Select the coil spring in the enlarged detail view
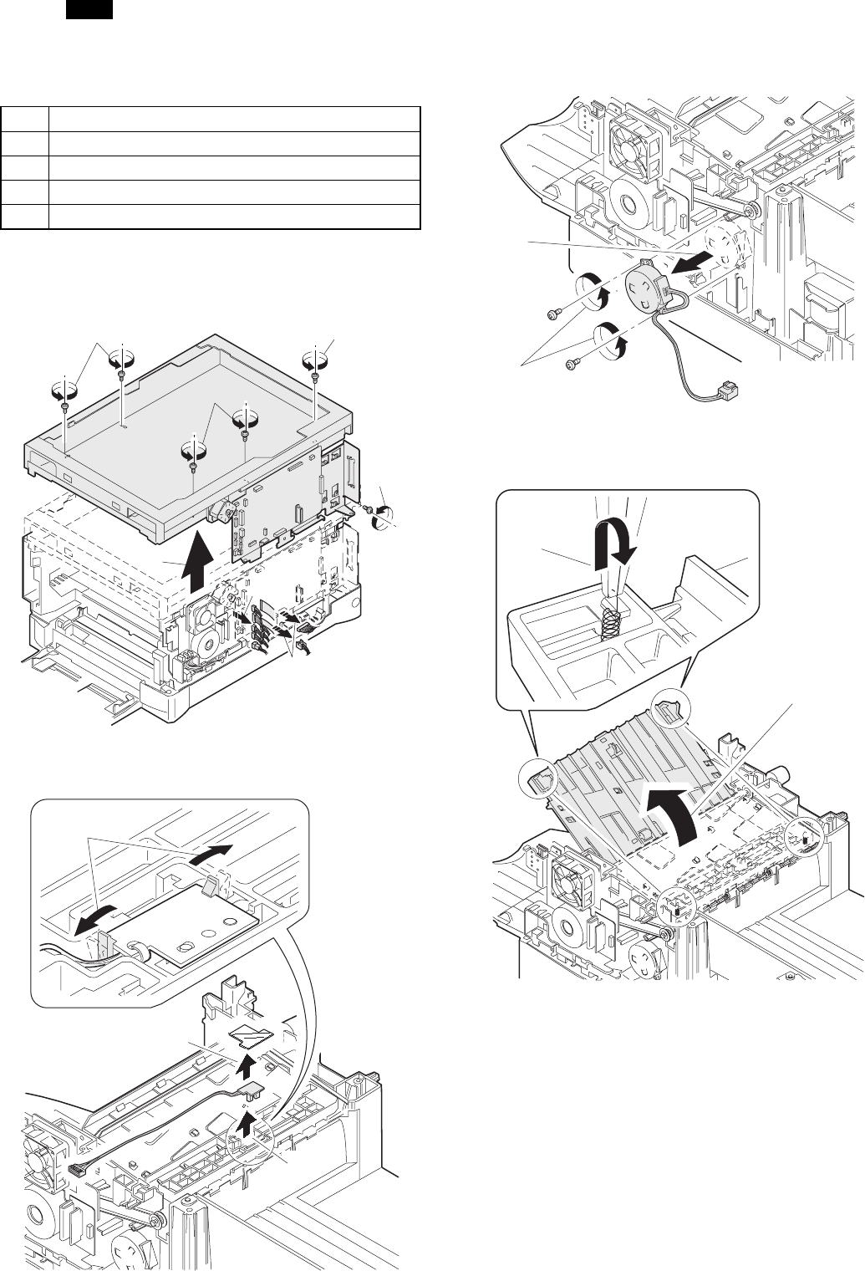pyautogui.click(x=611, y=620)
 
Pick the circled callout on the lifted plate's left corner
pyautogui.click(x=538, y=779)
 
